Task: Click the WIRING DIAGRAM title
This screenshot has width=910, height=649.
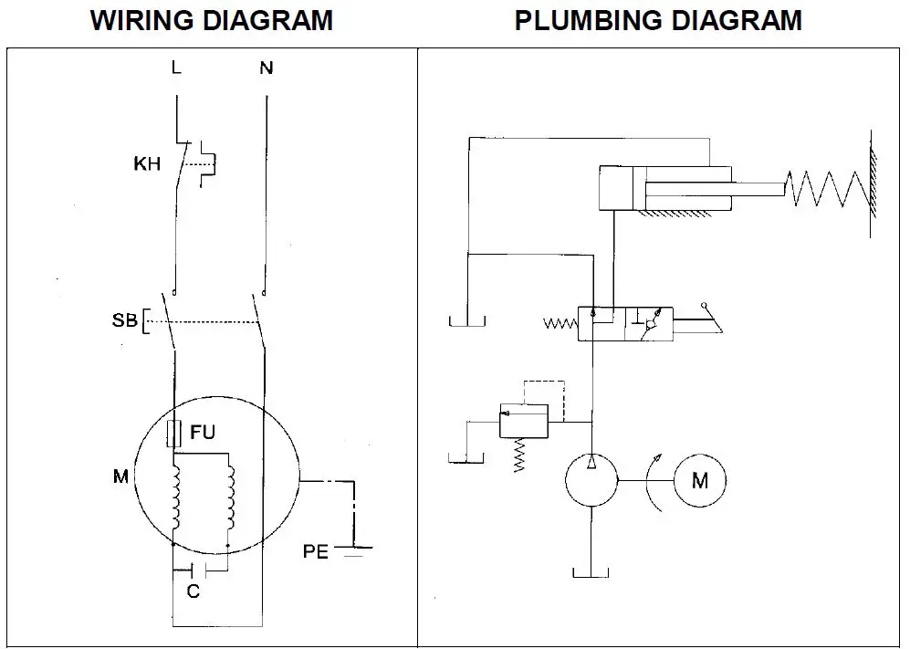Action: (x=212, y=20)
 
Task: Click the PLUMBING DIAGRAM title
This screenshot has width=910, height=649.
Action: (x=658, y=20)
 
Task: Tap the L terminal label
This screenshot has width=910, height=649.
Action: (x=175, y=68)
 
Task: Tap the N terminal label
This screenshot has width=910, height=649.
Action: (x=266, y=68)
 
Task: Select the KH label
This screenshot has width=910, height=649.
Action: (x=146, y=165)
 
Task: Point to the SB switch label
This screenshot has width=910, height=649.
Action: (x=125, y=321)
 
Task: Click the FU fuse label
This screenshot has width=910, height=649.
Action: (x=203, y=432)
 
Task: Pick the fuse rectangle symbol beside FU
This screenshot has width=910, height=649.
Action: (x=173, y=433)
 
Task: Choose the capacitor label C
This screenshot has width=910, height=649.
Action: (x=193, y=591)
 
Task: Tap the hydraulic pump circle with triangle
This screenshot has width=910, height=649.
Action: (x=591, y=479)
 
